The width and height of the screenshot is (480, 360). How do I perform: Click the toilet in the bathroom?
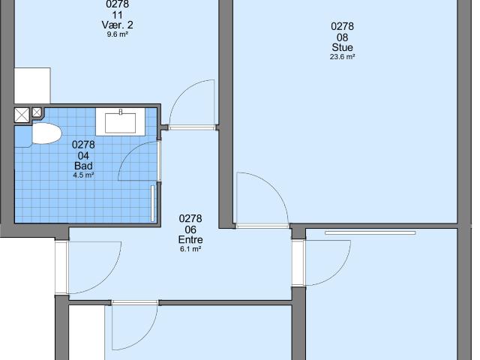pos(45,135)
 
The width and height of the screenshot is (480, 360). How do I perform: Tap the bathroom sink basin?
pos(121,121)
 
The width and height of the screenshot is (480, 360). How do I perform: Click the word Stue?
pos(342,47)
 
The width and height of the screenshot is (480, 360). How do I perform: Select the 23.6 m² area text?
pos(342,57)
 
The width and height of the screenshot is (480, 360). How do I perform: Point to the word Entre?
pos(190,240)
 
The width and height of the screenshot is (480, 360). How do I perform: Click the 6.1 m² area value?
pos(190,250)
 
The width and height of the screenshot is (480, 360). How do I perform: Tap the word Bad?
pos(83,166)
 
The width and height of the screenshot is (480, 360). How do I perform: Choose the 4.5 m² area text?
pos(83,175)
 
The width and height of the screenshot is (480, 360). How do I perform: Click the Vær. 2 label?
pos(117,25)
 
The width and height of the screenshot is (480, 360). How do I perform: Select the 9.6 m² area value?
pos(117,34)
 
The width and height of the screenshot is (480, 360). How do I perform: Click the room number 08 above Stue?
pos(342,37)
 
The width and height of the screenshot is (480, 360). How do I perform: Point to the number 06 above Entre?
pos(190,229)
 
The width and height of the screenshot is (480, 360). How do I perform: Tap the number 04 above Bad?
pos(83,155)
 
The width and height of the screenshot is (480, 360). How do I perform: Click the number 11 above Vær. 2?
pos(117,14)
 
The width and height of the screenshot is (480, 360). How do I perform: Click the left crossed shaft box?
pos(21,115)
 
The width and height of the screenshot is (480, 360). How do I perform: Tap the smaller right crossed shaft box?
pos(37,112)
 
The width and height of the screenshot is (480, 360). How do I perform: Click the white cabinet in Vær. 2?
pos(32,85)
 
